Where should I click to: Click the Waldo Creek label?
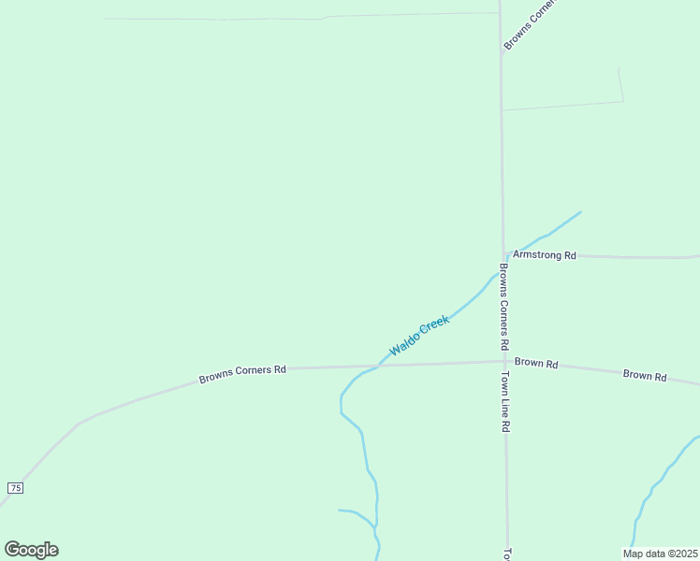pos(419,335)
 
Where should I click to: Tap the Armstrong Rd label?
pos(545,255)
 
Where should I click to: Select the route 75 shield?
pos(15,488)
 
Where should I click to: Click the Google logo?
pos(31,550)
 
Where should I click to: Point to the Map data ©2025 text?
pos(660,554)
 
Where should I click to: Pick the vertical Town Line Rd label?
pos(504,402)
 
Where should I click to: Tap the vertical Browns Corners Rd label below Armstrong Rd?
pos(503,307)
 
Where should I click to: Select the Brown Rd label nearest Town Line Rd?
pos(536,363)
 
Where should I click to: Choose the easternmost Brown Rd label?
pos(645,376)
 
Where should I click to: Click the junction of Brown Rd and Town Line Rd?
pos(504,361)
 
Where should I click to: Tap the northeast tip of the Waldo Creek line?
pos(580,212)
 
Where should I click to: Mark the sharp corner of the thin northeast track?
pos(623,101)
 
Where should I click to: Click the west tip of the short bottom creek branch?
pos(340,511)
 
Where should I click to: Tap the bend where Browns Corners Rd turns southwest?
pos(79,423)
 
